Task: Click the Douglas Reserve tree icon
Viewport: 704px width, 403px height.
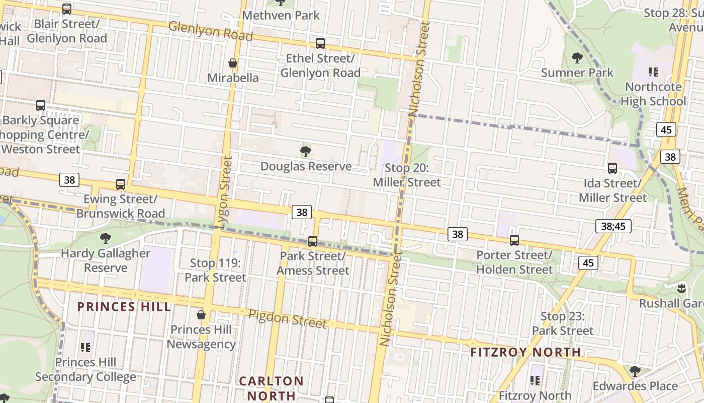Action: coord(305,151)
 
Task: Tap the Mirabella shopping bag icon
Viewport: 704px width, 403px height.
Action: coord(233,63)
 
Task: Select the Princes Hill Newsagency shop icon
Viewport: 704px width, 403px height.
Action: coord(201,315)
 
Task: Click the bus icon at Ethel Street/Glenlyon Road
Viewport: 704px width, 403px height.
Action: coord(320,43)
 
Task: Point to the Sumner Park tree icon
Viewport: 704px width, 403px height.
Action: coord(577,58)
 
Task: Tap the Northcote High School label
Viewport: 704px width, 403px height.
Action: coord(653,94)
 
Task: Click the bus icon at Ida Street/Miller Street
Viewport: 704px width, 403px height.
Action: coord(612,168)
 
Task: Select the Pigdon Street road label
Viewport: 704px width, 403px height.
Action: coord(288,318)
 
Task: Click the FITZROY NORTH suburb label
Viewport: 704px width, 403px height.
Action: coord(525,352)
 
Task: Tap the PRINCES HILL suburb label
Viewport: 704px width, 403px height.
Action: coord(124,307)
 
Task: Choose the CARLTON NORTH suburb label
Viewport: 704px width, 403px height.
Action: coord(271,388)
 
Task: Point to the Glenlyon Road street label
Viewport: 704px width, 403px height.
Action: coord(210,31)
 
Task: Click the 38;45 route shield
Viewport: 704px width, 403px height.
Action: coord(613,226)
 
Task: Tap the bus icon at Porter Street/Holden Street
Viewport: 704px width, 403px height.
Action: coord(514,240)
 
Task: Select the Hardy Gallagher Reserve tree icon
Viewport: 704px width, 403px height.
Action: coord(105,238)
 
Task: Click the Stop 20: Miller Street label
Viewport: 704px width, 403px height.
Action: coord(407,175)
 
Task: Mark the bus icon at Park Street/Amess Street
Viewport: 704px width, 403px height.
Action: coord(313,241)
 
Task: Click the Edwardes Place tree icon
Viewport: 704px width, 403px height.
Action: coord(635,371)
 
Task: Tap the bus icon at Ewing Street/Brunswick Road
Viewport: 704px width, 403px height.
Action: coord(120,184)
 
